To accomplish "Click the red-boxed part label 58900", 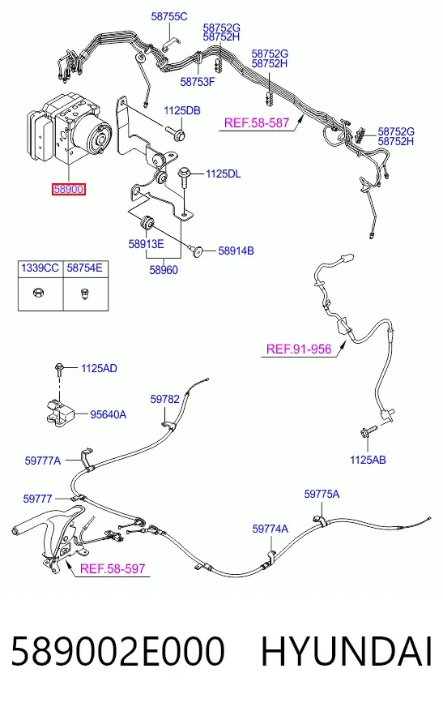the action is [68, 189].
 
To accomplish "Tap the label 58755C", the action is [169, 17].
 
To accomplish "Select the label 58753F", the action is [198, 82].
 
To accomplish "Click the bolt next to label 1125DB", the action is [176, 132].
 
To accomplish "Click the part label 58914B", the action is [236, 251].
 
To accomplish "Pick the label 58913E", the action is [147, 244].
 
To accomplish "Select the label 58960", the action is [164, 270].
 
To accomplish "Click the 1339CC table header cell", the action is [40, 268].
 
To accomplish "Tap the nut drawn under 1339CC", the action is [39, 293].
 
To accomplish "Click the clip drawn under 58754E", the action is [84, 294].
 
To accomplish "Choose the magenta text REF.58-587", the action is [257, 122].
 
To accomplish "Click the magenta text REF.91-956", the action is [299, 349].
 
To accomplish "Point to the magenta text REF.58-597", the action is [113, 568].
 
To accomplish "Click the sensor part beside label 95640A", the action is [60, 412].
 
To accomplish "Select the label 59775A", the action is [322, 495].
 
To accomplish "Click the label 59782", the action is [164, 399].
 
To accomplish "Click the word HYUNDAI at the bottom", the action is [347, 651].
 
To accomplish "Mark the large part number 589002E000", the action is [117, 651].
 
